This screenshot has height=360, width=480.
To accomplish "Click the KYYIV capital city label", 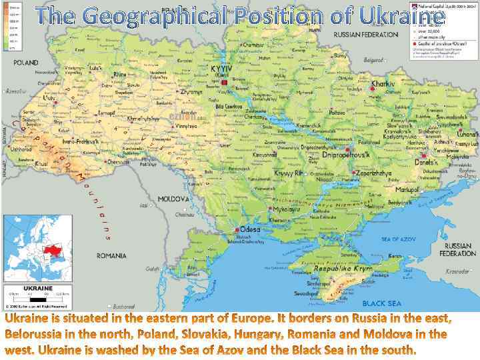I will click(x=221, y=69).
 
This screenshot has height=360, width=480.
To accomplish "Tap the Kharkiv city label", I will click(x=383, y=85).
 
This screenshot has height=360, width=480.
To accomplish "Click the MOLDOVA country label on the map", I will click(x=174, y=199).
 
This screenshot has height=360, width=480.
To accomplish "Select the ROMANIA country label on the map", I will click(x=111, y=255).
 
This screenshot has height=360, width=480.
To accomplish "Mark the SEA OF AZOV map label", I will click(x=399, y=239).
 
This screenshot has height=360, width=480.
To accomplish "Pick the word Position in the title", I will click(x=281, y=15).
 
